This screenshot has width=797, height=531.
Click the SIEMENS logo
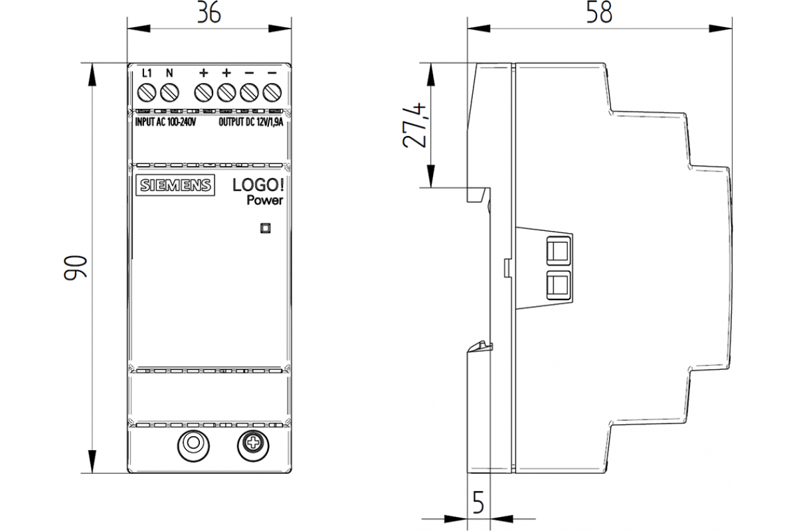(x=175, y=185)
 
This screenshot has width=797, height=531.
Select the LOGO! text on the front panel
(x=257, y=185)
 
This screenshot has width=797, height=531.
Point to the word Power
(x=265, y=200)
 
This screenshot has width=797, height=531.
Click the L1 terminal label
(x=147, y=72)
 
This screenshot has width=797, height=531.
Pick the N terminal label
(x=169, y=72)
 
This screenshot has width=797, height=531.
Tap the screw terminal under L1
(x=147, y=92)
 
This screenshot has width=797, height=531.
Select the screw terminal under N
(x=169, y=92)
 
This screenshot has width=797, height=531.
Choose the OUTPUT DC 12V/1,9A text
(x=251, y=122)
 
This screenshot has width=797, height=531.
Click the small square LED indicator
(x=265, y=228)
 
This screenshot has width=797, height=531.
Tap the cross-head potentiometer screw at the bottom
(x=252, y=443)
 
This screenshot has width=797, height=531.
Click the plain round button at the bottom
(x=193, y=443)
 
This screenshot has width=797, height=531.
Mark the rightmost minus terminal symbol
(x=271, y=72)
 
